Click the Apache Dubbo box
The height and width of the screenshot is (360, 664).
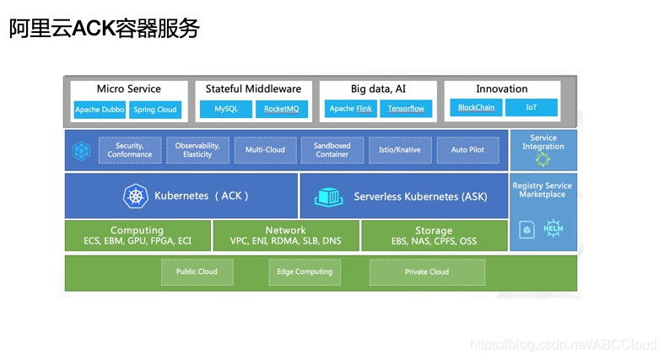click(100, 110)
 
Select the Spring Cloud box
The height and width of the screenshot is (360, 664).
click(156, 110)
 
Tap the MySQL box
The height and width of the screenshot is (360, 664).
click(226, 109)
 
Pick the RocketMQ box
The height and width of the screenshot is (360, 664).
click(281, 109)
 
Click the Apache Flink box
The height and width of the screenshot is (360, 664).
click(350, 109)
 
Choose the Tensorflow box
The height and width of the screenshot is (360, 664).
click(406, 109)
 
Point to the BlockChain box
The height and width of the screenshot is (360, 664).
click(476, 108)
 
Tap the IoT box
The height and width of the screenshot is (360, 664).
click(532, 108)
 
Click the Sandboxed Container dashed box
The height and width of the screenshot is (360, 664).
click(332, 150)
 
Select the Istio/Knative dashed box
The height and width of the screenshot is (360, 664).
click(400, 150)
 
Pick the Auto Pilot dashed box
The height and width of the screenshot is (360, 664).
click(467, 150)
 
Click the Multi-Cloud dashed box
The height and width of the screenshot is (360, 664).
click(265, 150)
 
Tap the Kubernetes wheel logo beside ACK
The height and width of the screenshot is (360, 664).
click(134, 196)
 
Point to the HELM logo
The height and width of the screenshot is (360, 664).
click(553, 228)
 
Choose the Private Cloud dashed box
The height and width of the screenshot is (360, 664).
click(427, 271)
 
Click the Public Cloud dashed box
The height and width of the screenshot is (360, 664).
click(197, 271)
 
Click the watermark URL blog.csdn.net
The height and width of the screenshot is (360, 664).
click(563, 345)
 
